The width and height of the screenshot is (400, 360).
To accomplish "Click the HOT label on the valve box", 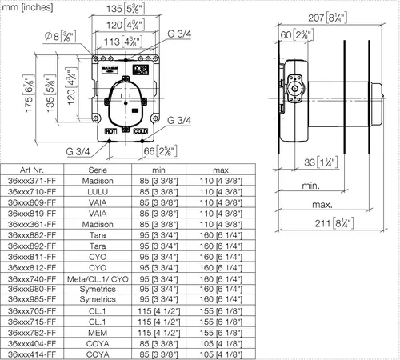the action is pos(110,131).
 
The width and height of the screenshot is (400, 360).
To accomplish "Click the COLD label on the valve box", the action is pos(141,131).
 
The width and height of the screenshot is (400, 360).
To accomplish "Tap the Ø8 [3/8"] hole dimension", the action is pos(61,36).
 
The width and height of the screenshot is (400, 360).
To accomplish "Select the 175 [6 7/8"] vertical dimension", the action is pos(29,94).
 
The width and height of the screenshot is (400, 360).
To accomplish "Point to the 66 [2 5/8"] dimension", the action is pos(160,151).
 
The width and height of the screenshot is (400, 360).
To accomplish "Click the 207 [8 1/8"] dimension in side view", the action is pos(327,18).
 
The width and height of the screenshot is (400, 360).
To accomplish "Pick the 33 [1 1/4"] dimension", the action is pos(321,162).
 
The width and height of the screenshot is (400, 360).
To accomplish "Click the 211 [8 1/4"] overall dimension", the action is pos(334,223).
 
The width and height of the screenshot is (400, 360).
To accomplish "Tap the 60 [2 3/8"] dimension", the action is pos(297,35).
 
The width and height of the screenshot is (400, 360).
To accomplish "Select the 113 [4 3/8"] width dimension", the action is pos(123,42).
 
